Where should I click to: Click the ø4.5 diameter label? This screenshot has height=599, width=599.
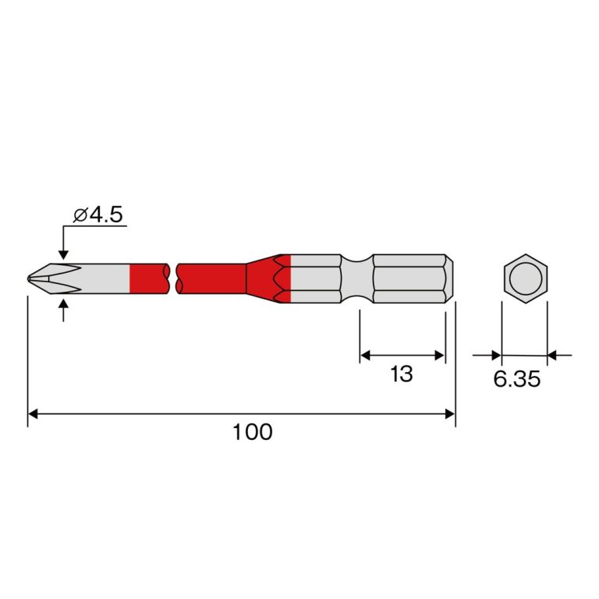point(98,214)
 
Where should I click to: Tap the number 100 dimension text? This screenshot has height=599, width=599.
point(253,431)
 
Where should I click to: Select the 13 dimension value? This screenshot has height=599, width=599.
point(402,374)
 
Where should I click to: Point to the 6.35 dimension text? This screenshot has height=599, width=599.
point(517,379)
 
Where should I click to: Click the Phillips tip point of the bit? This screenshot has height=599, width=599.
point(29,278)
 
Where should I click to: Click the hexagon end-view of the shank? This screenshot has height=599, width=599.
point(526,278)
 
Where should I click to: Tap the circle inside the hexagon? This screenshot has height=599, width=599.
point(526,278)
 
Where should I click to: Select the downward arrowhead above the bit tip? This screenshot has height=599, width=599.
point(64,255)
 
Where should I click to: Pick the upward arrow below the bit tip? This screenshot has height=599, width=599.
point(64,310)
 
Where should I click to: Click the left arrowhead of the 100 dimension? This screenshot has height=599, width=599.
point(33,413)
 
